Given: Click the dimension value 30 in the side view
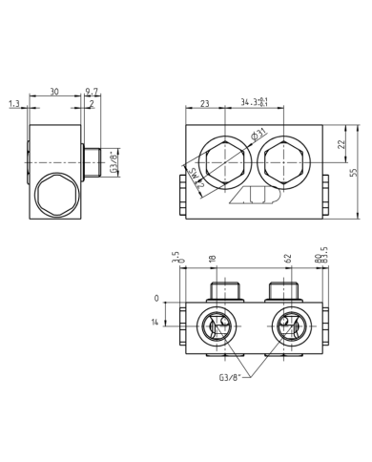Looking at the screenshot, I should (x=53, y=92).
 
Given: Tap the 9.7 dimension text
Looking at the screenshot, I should (x=92, y=92).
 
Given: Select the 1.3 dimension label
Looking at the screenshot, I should (x=13, y=103).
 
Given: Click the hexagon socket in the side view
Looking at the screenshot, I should (x=53, y=199).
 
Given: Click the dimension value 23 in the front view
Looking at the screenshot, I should (x=205, y=103).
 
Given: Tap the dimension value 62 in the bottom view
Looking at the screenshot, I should (x=286, y=258).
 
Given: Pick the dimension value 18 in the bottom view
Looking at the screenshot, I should (x=212, y=258).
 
